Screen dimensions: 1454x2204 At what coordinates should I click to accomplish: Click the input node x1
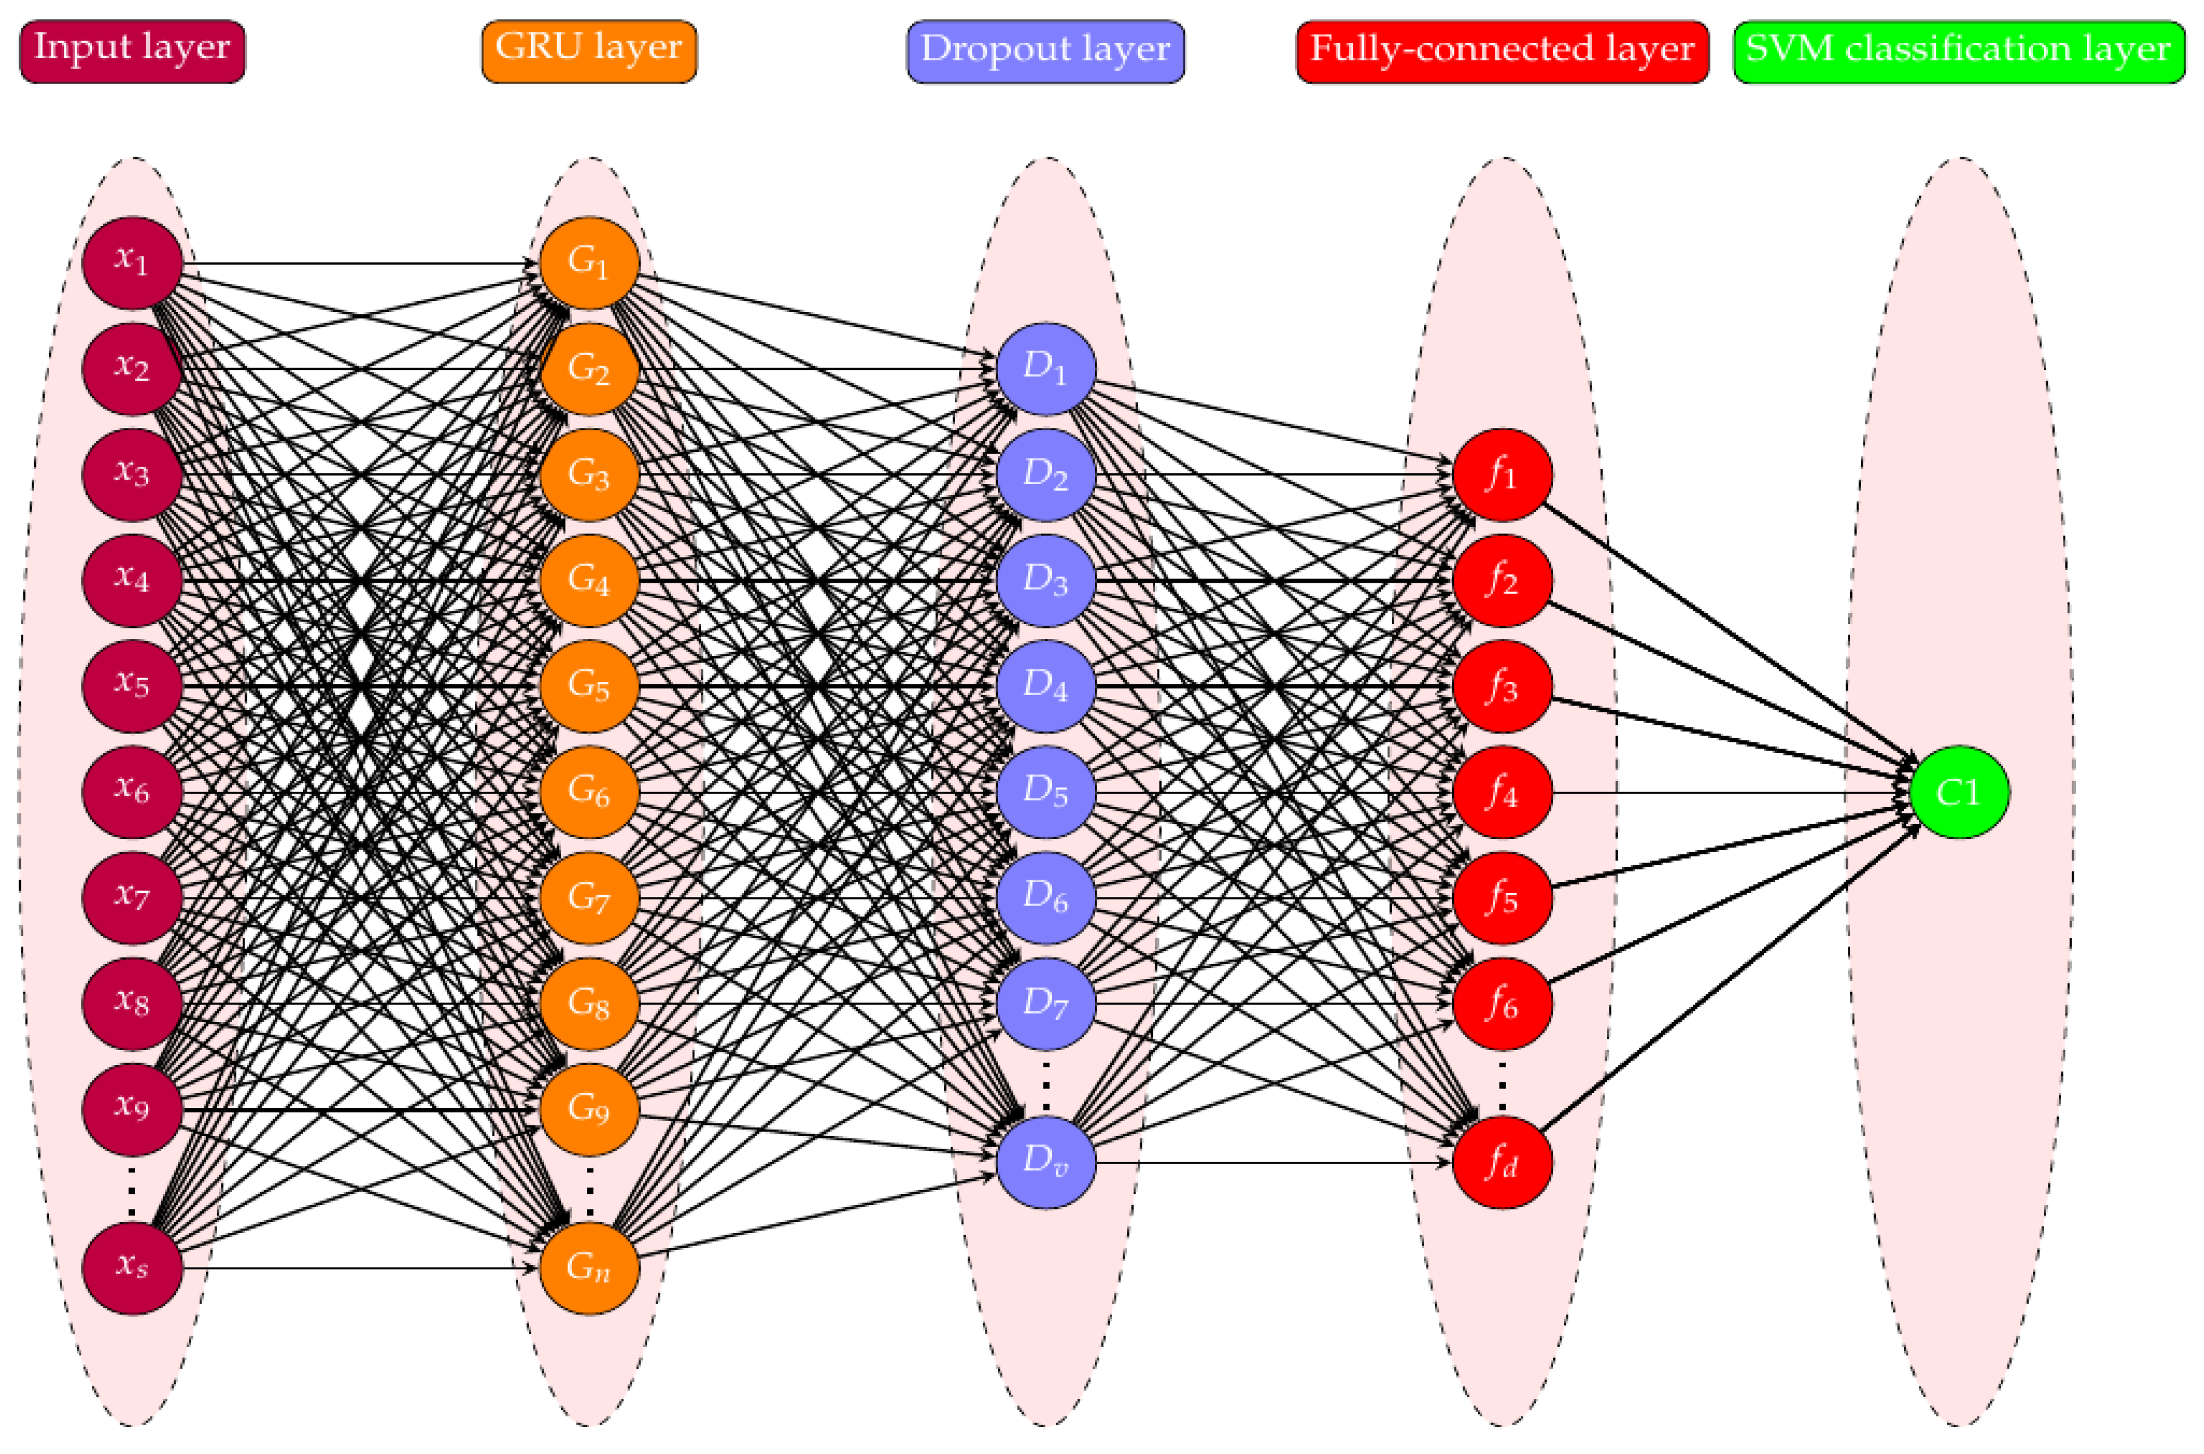(x=131, y=264)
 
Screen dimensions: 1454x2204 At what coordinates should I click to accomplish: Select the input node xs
(x=131, y=1268)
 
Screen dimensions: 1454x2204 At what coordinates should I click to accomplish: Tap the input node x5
(x=131, y=686)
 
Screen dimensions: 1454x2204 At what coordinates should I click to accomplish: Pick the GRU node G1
(x=589, y=264)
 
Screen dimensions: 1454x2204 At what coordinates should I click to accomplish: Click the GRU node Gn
(x=589, y=1268)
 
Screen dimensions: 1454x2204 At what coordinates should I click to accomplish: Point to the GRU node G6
(x=589, y=792)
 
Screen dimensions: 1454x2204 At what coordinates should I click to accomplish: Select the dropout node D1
(x=1046, y=369)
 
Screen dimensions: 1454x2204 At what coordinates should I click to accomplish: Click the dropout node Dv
(x=1046, y=1162)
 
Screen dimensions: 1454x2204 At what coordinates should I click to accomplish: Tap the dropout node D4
(x=1046, y=686)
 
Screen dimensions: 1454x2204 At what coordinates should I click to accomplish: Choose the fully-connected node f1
(x=1502, y=475)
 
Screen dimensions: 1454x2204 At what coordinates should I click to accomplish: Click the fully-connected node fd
(x=1502, y=1162)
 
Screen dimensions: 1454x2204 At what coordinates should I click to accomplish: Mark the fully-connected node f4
(x=1502, y=792)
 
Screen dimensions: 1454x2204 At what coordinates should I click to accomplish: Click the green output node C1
(x=1959, y=792)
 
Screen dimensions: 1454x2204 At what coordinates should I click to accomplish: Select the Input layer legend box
(x=131, y=51)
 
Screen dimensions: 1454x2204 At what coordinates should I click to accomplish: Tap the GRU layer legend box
(x=589, y=51)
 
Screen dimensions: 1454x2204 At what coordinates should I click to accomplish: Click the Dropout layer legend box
(x=1045, y=51)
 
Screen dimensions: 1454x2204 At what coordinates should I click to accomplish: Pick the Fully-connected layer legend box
(x=1502, y=51)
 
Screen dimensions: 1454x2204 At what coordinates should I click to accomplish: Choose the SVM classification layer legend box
(x=1958, y=51)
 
